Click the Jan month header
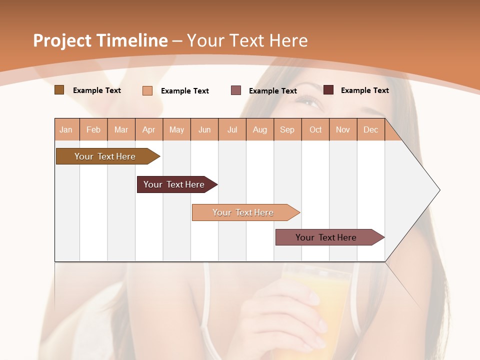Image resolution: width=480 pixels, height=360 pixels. pos(66,129)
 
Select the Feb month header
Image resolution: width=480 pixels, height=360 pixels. pos(93,129)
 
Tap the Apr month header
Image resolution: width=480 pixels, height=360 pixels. pos(148,129)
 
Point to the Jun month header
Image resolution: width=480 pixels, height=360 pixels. pos(204,129)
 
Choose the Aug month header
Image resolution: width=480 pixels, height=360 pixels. pos(259,129)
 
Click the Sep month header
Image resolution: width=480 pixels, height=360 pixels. pos(287,129)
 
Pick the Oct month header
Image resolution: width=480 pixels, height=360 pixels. pos(315,129)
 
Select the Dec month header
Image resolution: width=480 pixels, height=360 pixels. pos(370,129)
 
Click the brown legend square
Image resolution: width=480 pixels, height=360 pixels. pos(59,90)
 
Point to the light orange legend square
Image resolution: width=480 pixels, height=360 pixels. pos(147,90)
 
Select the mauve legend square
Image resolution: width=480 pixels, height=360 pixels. pos(236,90)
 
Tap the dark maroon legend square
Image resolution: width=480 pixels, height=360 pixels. pos(328,90)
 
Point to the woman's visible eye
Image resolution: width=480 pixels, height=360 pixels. pos(311,102)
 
